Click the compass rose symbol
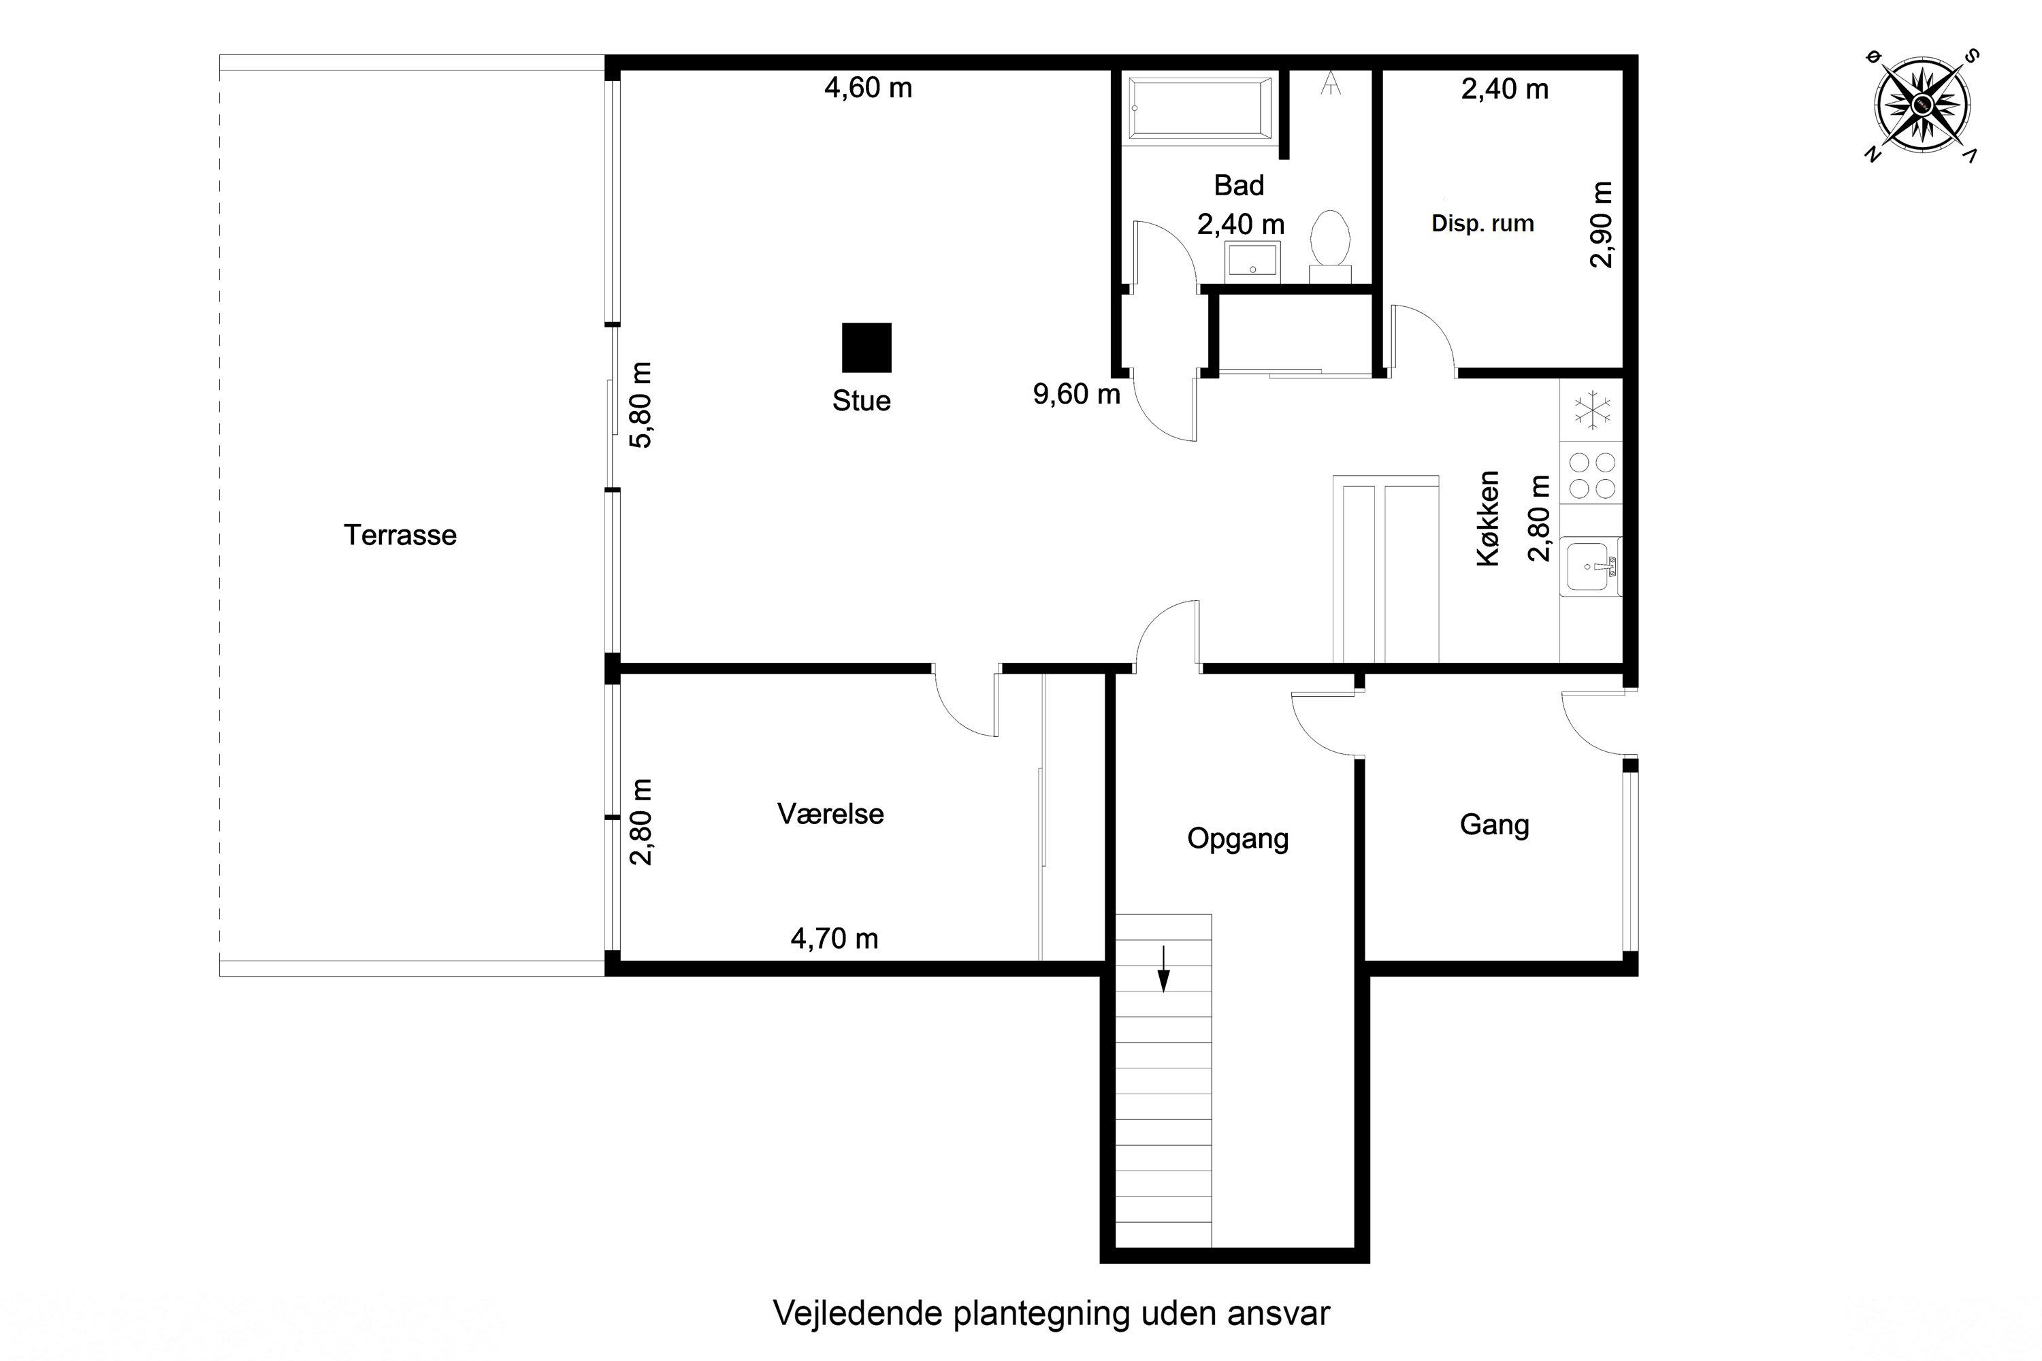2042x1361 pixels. tap(1922, 105)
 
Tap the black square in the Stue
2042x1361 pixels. tap(866, 347)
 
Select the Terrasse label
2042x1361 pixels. tap(400, 535)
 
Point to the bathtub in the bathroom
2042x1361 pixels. tap(1200, 108)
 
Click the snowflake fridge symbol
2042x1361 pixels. tap(1592, 410)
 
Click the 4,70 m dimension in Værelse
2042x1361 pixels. tap(834, 938)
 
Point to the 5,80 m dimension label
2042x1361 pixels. tap(641, 404)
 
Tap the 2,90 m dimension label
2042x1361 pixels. tap(1601, 224)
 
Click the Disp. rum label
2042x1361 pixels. tap(1482, 224)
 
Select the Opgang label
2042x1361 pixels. tap(1237, 838)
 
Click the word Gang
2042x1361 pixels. tap(1493, 825)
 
